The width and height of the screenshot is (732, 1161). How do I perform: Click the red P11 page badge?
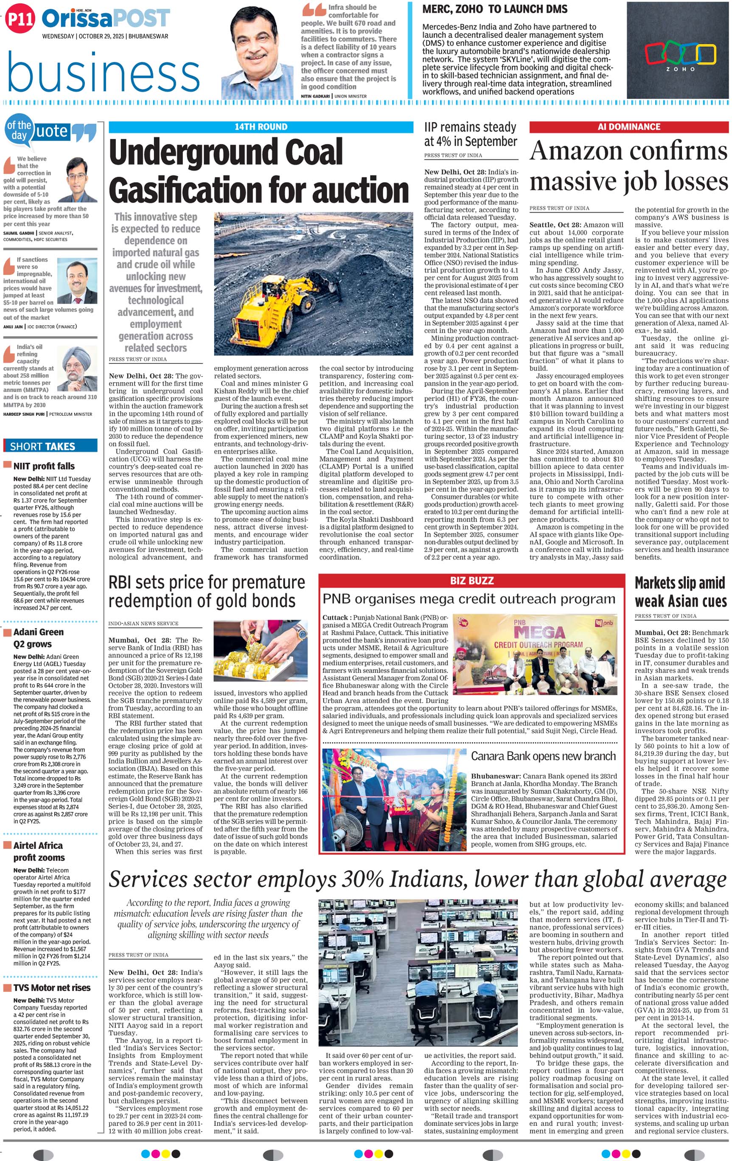[x=20, y=19]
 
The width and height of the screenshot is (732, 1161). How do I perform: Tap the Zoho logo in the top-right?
[x=680, y=56]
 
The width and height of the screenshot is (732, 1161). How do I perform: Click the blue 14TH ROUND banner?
[x=261, y=127]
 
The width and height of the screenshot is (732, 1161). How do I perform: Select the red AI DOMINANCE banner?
[x=628, y=127]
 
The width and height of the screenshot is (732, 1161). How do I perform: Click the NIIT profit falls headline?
[x=44, y=466]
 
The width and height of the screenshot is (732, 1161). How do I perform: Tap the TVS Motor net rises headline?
[x=52, y=988]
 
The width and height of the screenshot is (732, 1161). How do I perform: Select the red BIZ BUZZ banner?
[x=471, y=580]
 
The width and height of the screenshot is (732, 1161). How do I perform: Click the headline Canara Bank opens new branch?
[x=543, y=756]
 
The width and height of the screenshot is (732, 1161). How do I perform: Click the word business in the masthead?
[x=104, y=73]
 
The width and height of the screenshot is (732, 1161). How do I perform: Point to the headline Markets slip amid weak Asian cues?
[x=680, y=592]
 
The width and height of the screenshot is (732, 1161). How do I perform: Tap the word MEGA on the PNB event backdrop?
[x=539, y=632]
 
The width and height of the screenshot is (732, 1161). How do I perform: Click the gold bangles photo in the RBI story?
[x=260, y=651]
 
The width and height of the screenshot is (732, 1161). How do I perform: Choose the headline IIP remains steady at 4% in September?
[x=470, y=135]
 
